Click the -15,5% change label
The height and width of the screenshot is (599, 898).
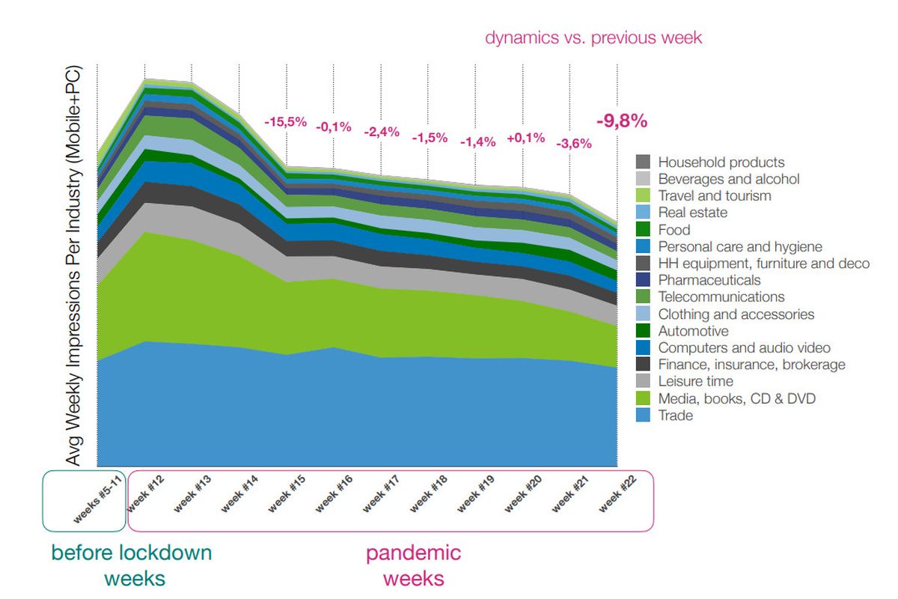point(285,121)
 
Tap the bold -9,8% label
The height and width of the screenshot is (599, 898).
point(622,121)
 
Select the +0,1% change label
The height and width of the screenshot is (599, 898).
point(525,138)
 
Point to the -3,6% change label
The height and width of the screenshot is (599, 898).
point(574,143)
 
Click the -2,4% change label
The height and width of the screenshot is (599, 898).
point(382,132)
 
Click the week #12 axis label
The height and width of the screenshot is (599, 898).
point(146,493)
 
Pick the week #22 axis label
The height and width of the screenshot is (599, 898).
point(618,493)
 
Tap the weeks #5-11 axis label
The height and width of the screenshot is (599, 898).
point(97,499)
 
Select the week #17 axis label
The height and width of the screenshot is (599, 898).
point(382,493)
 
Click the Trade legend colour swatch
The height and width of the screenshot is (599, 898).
point(643,416)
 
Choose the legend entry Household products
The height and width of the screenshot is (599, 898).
point(710,162)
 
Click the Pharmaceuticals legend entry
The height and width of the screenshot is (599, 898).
point(698,279)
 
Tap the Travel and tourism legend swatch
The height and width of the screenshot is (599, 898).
point(643,195)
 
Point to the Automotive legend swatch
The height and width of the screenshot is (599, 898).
point(643,331)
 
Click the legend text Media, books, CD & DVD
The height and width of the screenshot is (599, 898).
point(737,398)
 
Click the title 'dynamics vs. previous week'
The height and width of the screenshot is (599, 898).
point(593,37)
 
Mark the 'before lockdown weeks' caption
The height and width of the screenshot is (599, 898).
point(132,566)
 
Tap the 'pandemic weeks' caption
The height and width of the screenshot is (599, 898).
point(413,566)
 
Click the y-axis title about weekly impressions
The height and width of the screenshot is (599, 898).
point(74,266)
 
